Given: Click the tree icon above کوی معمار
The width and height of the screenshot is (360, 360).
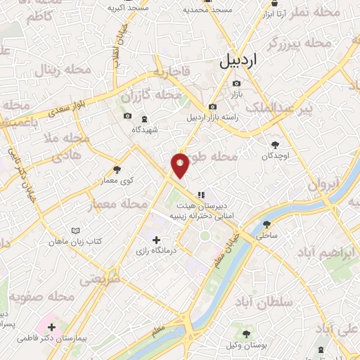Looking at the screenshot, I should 117,169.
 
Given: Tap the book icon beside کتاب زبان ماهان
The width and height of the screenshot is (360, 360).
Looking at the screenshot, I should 76,230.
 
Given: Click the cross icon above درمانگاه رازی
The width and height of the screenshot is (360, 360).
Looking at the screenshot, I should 157,240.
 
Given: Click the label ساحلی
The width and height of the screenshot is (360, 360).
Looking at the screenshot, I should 268,237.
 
